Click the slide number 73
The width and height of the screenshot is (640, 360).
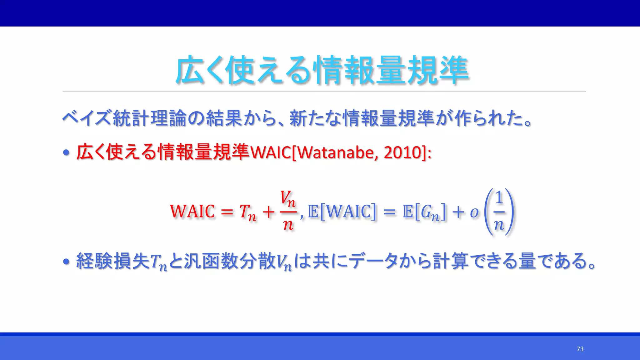pos(580,349)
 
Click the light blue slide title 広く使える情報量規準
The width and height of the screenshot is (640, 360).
pos(322,70)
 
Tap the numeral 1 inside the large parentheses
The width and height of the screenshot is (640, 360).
pos(499,198)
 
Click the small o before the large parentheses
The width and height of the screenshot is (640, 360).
pos(474,212)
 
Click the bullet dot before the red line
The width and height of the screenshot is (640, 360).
pos(66,153)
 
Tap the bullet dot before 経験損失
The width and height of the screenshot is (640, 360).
pos(66,262)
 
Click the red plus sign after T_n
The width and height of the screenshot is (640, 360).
pos(268,212)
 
